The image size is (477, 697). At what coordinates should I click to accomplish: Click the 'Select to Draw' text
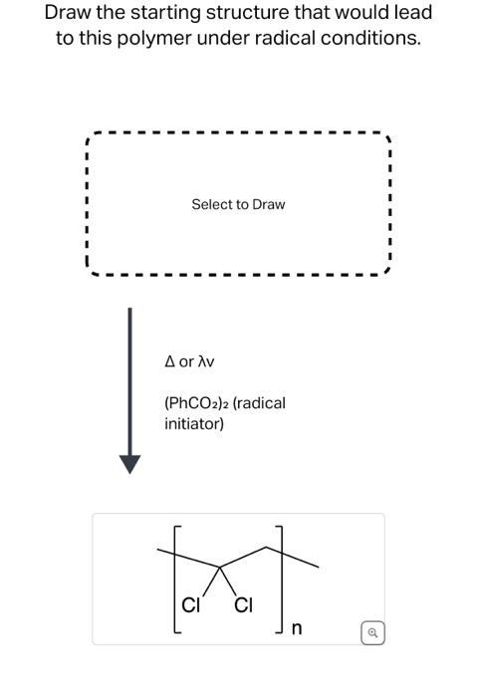pos(238,204)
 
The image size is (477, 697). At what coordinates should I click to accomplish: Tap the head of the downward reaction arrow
pos(129,463)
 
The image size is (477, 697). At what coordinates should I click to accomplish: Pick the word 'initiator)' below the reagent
pos(194,424)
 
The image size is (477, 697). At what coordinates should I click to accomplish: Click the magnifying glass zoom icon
pos(370,631)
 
